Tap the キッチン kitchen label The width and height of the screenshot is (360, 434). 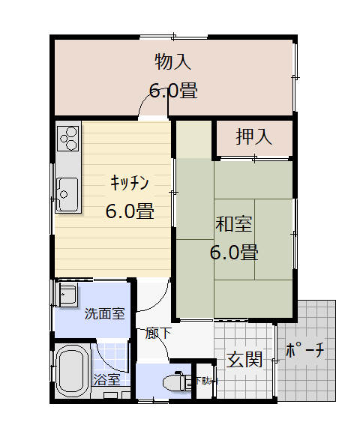[130, 183]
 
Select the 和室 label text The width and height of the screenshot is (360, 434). [233, 224]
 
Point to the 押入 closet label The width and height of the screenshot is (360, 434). [253, 137]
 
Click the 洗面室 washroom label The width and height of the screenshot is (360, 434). [104, 314]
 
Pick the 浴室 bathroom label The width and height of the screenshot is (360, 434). [106, 379]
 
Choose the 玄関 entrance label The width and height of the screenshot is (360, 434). [244, 360]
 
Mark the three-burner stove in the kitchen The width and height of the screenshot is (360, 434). [68, 136]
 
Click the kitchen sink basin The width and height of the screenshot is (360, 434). [66, 193]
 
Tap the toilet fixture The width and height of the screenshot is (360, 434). [178, 382]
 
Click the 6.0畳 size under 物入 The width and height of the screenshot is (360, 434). [172, 91]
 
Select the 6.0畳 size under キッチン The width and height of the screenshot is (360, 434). [130, 211]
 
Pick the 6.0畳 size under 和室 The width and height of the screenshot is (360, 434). [233, 252]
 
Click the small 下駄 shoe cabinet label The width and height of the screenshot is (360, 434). [202, 380]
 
